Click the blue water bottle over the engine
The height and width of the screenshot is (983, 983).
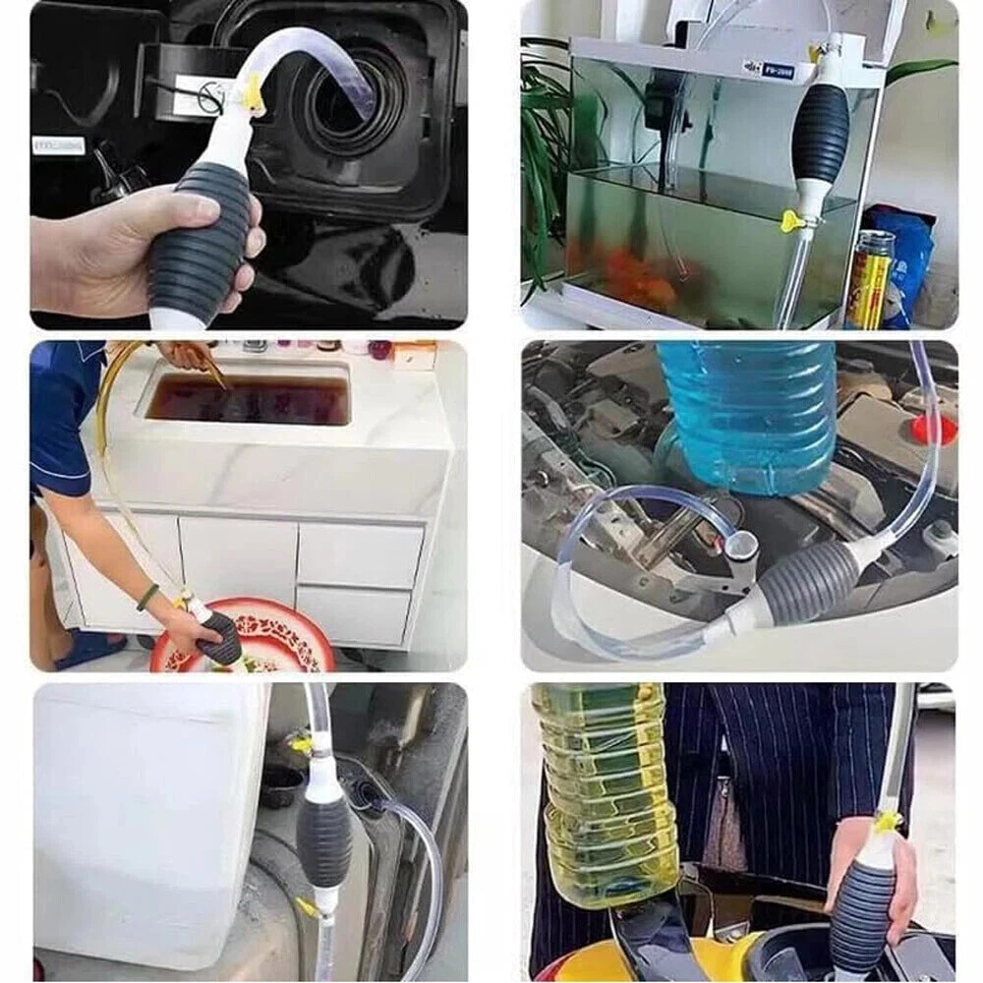pos(747,413)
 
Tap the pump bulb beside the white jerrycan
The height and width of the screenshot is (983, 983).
pos(323,836)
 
